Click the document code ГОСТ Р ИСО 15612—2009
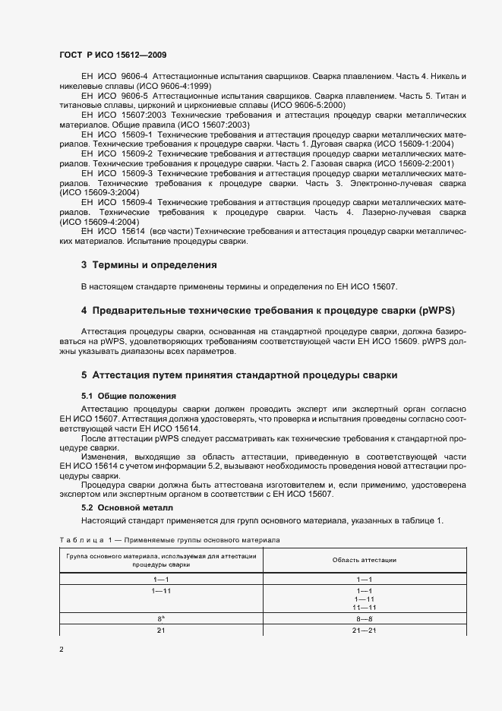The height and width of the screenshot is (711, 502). (113, 55)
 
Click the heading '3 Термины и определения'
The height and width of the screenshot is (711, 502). (149, 265)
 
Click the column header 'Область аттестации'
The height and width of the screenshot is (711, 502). (364, 560)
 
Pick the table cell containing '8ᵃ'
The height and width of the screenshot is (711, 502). (161, 619)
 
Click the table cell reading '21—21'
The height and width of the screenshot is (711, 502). (363, 631)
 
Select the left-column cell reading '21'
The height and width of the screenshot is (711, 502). (161, 631)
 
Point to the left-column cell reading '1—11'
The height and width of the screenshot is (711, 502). (161, 589)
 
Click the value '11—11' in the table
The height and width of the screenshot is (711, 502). (363, 608)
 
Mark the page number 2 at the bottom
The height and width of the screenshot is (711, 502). (62, 650)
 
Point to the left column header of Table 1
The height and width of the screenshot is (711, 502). (161, 560)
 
